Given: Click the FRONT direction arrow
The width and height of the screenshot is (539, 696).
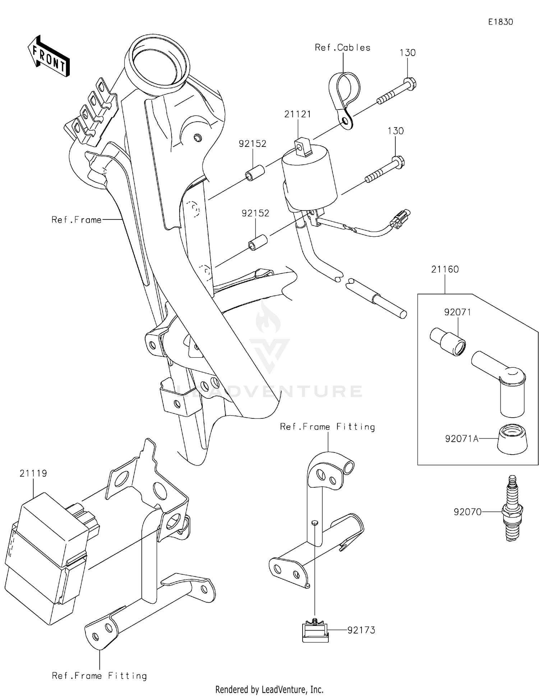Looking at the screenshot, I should (49, 56).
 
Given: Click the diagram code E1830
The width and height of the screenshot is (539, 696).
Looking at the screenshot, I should (500, 22).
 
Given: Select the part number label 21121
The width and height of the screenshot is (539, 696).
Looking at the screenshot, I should (298, 114).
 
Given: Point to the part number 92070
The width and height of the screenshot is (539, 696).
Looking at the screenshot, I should (467, 512).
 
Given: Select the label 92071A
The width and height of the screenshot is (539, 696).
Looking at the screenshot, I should (461, 439).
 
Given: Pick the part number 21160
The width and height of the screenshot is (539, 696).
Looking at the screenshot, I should (445, 269).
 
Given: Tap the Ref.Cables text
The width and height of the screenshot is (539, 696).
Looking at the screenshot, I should (342, 47).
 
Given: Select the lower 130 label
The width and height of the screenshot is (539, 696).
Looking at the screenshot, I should (395, 131).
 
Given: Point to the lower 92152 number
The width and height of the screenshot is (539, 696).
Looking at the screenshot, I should (255, 213).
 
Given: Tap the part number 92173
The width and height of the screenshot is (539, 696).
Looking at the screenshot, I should (361, 630).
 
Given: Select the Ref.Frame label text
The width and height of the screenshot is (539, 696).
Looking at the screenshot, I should (76, 220).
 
